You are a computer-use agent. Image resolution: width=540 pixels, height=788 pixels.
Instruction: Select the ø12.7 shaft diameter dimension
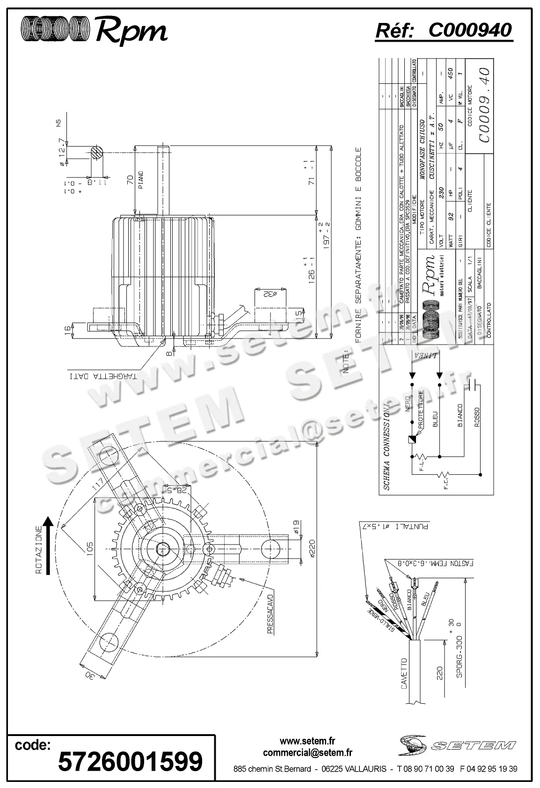(62, 152)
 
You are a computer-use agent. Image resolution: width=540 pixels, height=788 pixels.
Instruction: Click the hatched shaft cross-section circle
(97, 153)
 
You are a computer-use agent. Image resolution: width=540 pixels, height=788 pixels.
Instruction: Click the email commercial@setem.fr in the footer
(307, 753)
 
